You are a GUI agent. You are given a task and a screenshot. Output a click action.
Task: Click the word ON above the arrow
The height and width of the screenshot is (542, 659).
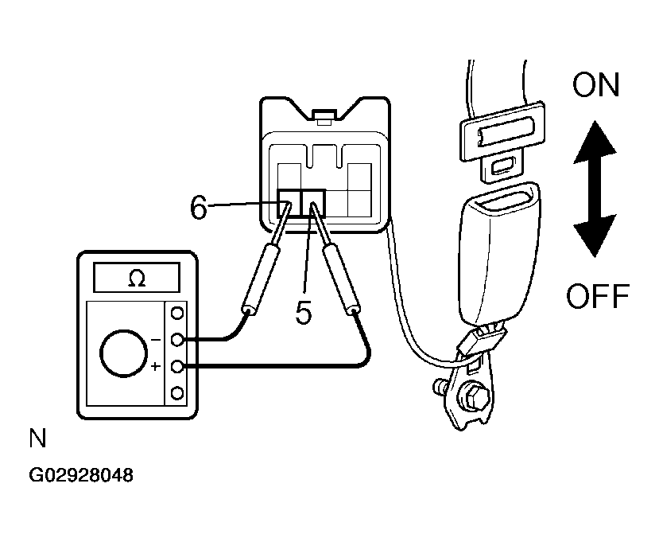596,84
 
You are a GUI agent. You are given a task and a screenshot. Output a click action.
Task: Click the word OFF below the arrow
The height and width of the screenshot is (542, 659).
598,296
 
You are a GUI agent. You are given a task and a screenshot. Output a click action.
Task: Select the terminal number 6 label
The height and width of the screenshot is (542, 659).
199,207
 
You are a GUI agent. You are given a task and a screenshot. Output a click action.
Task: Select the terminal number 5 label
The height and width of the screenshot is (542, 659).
304,312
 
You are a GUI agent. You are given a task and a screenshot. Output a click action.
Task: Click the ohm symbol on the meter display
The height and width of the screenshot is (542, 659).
137,278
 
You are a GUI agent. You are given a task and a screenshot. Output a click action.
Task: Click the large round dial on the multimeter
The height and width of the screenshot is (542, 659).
123,353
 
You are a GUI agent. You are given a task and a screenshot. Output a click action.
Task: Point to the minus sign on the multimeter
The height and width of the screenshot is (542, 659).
156,339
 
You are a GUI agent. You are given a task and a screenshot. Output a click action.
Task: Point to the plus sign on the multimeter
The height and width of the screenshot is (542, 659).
156,367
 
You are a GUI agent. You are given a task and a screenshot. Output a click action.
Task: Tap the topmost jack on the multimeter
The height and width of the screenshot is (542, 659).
177,313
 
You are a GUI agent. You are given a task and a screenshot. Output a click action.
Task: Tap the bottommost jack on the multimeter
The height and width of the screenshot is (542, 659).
177,393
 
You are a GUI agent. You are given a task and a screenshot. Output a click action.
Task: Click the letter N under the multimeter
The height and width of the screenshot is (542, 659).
37,438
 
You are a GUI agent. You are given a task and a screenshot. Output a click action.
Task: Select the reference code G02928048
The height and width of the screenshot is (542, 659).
81,475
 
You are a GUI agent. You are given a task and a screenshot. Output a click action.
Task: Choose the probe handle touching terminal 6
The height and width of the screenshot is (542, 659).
261,280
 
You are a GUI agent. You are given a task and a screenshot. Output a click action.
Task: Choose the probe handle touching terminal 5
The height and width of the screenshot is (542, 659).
341,280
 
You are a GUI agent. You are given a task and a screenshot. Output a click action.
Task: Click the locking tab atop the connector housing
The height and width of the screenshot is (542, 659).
324,117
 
